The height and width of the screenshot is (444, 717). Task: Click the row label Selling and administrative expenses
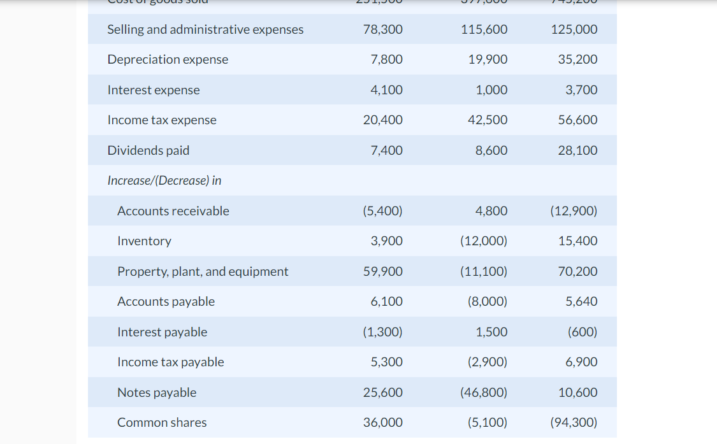(x=205, y=29)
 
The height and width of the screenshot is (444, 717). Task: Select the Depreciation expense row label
(x=168, y=59)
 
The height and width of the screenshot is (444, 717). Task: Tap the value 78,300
(x=382, y=29)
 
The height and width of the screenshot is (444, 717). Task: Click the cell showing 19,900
(x=488, y=59)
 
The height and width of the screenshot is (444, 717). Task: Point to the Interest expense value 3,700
(x=581, y=90)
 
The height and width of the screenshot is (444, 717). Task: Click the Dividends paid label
(x=148, y=150)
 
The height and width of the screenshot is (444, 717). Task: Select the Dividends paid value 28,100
(x=577, y=150)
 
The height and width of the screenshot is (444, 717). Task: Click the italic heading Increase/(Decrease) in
(x=164, y=180)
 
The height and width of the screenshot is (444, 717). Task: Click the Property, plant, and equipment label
(x=203, y=271)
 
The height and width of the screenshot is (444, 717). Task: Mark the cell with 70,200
(x=577, y=271)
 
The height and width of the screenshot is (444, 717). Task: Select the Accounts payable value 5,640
(x=581, y=301)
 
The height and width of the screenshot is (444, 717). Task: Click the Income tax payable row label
(x=171, y=362)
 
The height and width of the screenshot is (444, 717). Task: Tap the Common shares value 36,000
(x=382, y=422)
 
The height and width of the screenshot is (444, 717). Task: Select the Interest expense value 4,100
(x=386, y=90)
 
